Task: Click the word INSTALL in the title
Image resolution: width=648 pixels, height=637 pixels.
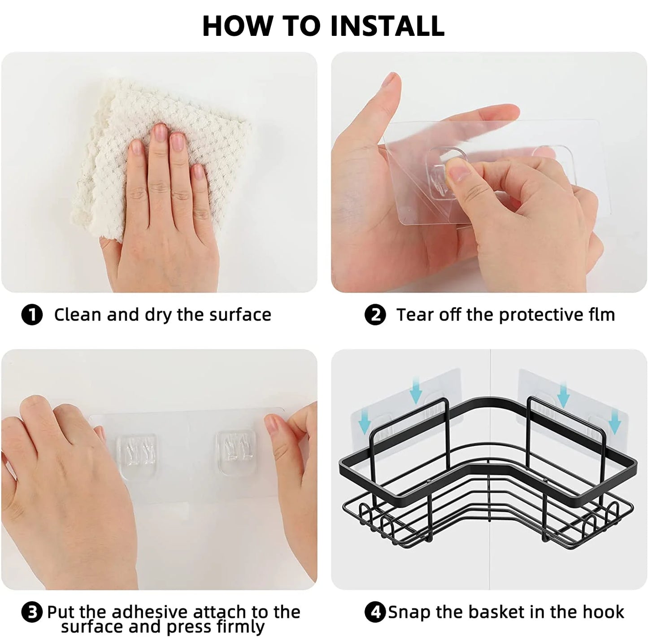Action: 387,26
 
